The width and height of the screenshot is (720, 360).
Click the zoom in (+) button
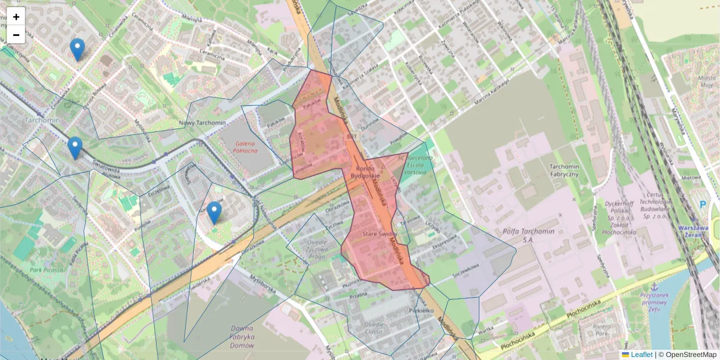coord(16,17)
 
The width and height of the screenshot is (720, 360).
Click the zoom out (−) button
coord(16,35)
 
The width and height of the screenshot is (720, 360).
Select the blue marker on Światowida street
coord(74,148)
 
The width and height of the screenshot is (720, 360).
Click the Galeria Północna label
coord(251,146)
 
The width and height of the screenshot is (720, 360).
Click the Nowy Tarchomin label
coord(202,123)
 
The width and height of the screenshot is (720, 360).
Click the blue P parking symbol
coord(703,205)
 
